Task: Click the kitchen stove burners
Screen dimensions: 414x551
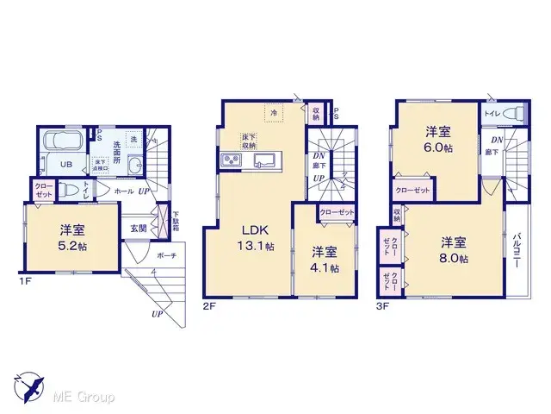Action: tap(232, 160)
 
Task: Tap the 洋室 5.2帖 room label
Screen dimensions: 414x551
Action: tap(73, 237)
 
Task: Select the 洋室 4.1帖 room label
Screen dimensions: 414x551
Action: tap(325, 260)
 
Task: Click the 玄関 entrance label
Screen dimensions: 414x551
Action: tap(138, 228)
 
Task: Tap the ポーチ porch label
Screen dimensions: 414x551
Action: tap(145, 255)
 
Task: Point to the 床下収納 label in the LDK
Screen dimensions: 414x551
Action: tap(250, 141)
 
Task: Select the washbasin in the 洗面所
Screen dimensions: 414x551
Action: tap(134, 167)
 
